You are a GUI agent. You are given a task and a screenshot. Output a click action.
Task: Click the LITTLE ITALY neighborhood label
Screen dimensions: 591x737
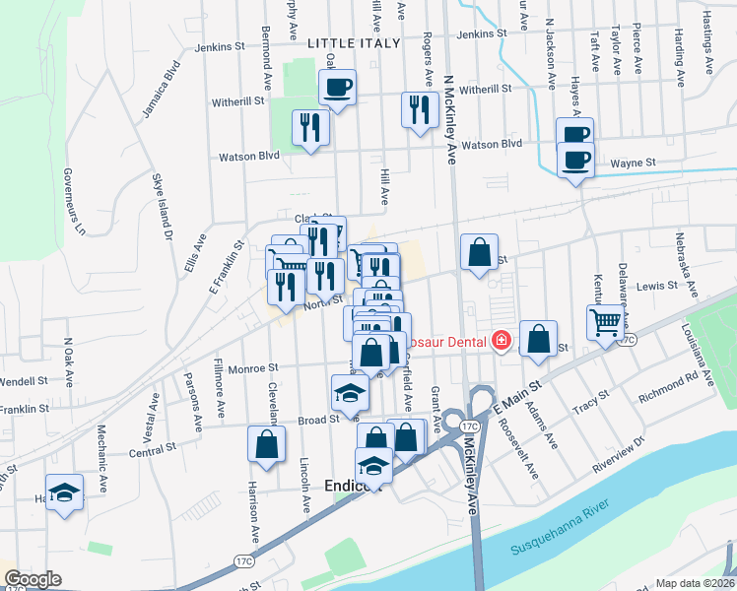[x=354, y=43]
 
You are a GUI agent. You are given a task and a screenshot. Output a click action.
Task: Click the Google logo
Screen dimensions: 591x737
[x=33, y=578]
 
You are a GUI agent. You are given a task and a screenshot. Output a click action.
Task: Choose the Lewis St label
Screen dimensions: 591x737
[x=657, y=286]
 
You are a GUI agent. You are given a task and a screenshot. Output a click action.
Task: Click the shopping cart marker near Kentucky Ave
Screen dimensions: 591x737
[x=606, y=321]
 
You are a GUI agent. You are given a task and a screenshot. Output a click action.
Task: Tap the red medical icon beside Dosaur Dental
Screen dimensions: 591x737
[x=502, y=341]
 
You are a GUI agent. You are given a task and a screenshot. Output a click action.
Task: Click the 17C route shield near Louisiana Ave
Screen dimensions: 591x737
[x=630, y=339]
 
